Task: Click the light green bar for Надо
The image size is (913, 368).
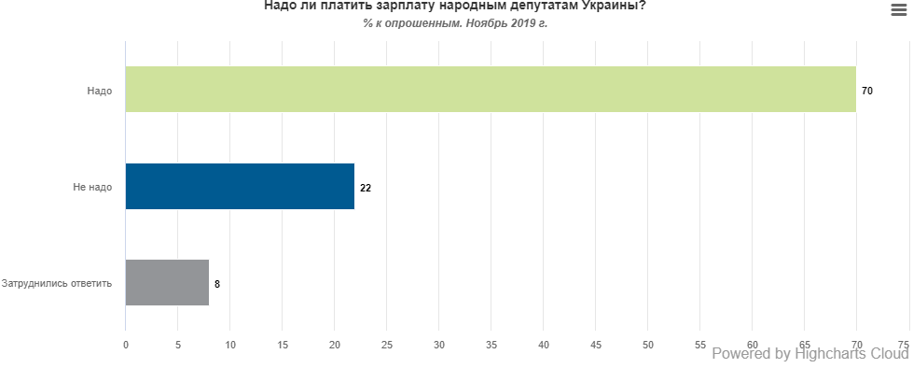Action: click(x=491, y=90)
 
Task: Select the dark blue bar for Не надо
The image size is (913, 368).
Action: click(x=240, y=186)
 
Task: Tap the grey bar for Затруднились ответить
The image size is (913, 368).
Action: click(x=167, y=282)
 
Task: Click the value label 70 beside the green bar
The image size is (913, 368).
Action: click(x=867, y=91)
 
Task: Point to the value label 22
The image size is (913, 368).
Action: click(x=366, y=187)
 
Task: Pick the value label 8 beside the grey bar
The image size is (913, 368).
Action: click(x=217, y=283)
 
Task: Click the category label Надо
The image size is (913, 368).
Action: click(x=101, y=91)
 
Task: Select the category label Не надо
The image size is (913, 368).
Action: click(x=92, y=187)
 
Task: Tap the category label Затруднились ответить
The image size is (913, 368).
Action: click(x=57, y=283)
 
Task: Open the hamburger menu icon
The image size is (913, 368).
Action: click(x=899, y=9)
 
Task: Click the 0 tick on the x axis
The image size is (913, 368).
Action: click(x=126, y=345)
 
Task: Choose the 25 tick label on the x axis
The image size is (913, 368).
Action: click(x=387, y=345)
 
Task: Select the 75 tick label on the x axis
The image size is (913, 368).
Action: click(x=903, y=345)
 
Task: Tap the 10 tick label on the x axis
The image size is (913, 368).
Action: click(x=230, y=345)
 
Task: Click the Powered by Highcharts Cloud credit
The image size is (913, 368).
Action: click(x=809, y=353)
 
